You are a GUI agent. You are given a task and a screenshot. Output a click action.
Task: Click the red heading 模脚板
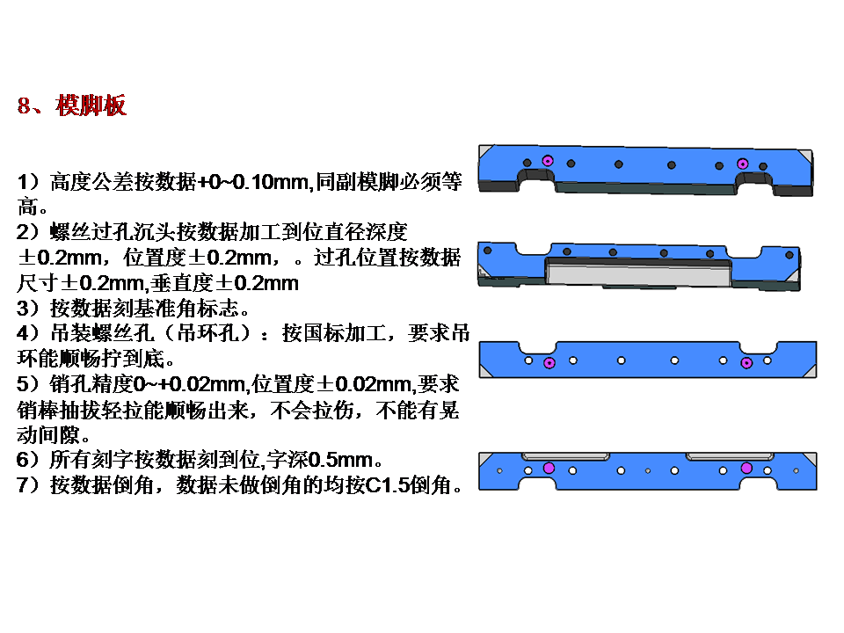(x=91, y=105)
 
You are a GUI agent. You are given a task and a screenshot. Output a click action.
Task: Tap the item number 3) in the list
(x=27, y=308)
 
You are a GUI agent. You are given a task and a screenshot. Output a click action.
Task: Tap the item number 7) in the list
(x=27, y=485)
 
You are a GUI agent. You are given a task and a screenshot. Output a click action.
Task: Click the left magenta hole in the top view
(x=548, y=160)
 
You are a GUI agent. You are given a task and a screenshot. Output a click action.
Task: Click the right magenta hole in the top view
(x=742, y=164)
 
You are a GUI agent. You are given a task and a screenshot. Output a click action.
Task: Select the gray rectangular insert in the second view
(x=639, y=273)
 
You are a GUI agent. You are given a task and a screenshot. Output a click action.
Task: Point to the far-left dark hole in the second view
(x=488, y=251)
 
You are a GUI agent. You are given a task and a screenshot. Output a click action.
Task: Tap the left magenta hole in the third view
(x=549, y=363)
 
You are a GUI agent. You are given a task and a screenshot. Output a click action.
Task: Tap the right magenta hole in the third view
(x=746, y=363)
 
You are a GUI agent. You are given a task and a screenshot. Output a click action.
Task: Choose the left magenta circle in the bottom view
(x=549, y=468)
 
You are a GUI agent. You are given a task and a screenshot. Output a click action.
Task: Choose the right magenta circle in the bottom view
(x=746, y=468)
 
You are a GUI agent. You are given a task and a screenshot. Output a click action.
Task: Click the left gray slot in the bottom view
(x=565, y=456)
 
